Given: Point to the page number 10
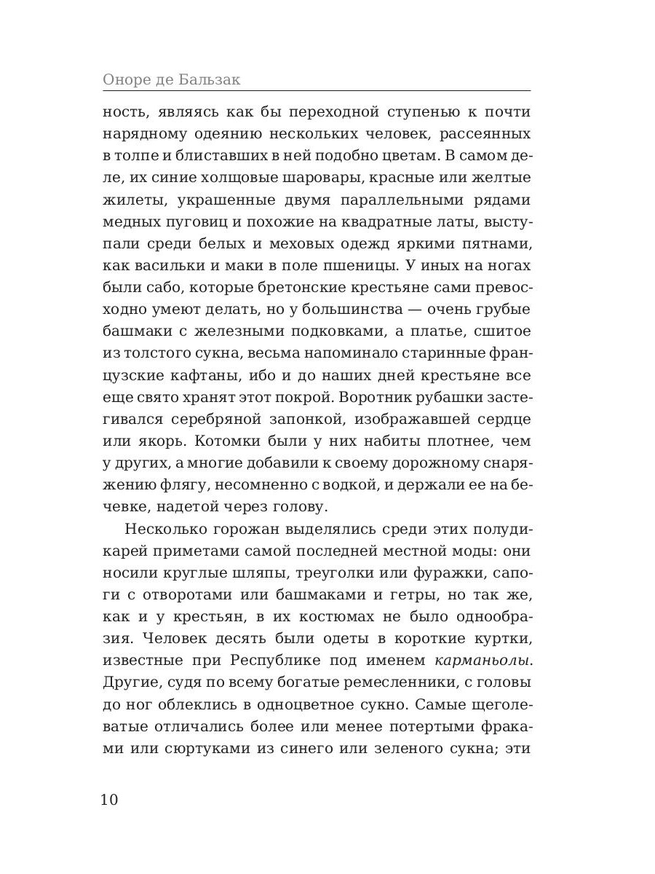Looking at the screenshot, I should pyautogui.click(x=109, y=799).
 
